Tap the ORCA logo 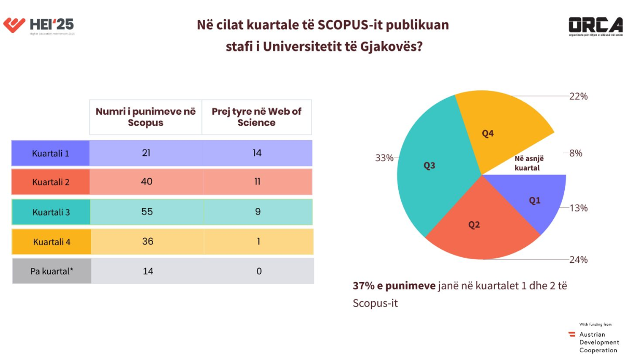pos(595,26)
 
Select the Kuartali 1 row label pos(50,153)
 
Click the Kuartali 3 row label pos(51,212)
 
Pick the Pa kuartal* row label pos(51,271)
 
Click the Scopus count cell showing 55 pos(147,212)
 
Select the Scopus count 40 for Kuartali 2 pos(147,182)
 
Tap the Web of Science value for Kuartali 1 pos(258,153)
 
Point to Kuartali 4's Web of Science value pos(258,242)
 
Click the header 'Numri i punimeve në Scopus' pos(146,117)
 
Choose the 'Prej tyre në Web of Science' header pos(256,117)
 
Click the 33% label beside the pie pos(384,158)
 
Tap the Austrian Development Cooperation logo pos(594,342)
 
